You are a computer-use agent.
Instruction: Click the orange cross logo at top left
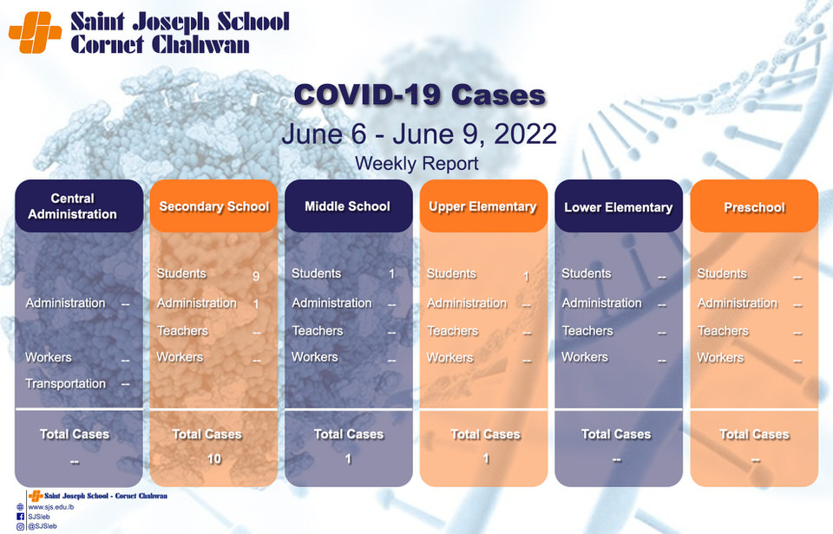tap(35, 32)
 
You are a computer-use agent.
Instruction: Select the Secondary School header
tap(213, 206)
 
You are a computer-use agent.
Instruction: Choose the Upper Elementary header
tap(483, 206)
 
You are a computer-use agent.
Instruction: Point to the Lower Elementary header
tap(619, 206)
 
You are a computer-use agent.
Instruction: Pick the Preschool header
tap(754, 206)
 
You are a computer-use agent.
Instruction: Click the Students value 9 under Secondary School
tap(256, 276)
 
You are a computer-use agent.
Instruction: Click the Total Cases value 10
tap(214, 459)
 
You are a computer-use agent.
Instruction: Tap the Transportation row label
tap(65, 383)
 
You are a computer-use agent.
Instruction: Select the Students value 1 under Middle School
tap(391, 274)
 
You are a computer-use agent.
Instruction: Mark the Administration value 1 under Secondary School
tap(256, 304)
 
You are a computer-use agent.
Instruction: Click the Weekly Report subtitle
tap(416, 164)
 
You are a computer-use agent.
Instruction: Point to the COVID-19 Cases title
tap(420, 95)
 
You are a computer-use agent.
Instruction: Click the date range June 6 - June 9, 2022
tap(419, 133)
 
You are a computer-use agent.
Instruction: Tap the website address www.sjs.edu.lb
tap(51, 507)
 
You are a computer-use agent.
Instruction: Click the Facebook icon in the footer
tap(20, 517)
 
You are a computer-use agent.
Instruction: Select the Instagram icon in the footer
tap(20, 526)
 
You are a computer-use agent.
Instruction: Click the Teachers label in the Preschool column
tap(723, 330)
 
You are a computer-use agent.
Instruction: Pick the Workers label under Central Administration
tap(49, 357)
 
